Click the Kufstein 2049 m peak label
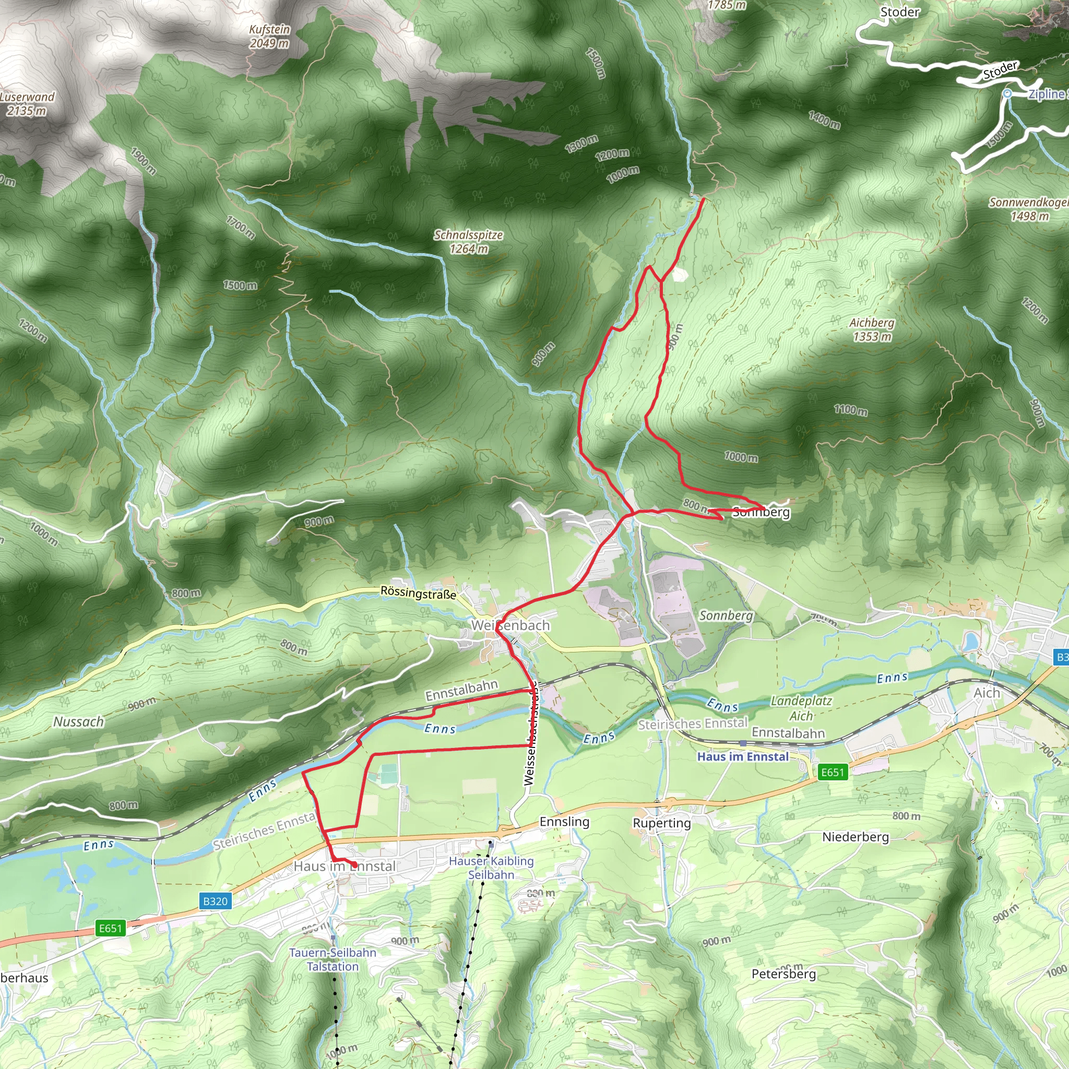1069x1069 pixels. point(269,37)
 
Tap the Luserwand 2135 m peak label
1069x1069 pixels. point(27,103)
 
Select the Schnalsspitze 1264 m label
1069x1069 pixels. point(468,242)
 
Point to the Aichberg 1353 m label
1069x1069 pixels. point(872,329)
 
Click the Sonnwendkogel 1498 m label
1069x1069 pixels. point(1029,209)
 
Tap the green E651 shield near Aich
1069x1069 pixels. point(832,772)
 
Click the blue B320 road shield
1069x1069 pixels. point(215,901)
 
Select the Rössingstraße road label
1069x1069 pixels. point(418,593)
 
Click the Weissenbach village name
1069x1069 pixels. point(510,625)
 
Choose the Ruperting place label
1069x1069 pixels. point(662,823)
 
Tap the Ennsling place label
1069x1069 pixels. point(564,821)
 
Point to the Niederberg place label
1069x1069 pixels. point(856,837)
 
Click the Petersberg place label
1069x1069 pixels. point(783,974)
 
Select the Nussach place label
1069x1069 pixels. point(79,721)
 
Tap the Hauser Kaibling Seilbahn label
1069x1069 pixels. point(491,868)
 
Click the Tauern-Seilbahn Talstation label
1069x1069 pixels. point(332,959)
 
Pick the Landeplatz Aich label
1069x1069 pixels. point(801,708)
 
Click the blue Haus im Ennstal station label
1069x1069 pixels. point(743,756)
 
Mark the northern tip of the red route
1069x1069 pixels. point(703,199)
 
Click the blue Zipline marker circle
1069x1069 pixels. point(1007,94)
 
